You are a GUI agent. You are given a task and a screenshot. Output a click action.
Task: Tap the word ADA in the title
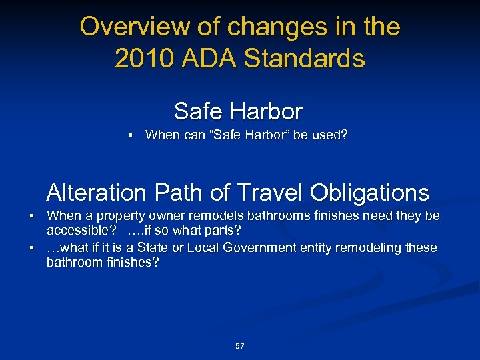203,59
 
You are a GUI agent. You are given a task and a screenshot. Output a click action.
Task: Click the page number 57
240,346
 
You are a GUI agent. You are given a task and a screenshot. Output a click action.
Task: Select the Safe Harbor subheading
238,111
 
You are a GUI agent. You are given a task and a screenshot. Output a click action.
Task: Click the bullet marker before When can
131,135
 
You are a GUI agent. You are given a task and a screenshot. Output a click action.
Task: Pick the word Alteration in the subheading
96,193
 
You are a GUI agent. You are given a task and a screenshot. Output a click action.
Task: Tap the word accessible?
77,231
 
